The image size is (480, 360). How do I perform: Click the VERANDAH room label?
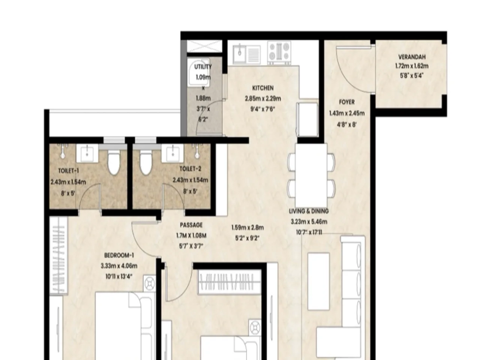point(411,57)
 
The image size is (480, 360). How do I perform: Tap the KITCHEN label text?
point(262,88)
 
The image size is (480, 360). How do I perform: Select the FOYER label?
point(346,102)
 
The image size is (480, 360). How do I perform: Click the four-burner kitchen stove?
point(279,52)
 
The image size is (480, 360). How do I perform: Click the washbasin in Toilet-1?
point(87,154)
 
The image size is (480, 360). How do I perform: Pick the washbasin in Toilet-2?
point(172,154)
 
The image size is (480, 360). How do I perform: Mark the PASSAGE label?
point(191,225)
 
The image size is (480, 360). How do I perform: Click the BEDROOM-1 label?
point(119,256)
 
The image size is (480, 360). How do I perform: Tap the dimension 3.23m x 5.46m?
point(309,222)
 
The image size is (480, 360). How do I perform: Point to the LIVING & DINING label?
point(309,211)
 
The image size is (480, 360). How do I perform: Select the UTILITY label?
point(203,67)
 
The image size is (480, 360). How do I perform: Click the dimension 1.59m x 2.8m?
point(247,227)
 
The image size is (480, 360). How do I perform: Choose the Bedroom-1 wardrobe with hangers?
point(59,255)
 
